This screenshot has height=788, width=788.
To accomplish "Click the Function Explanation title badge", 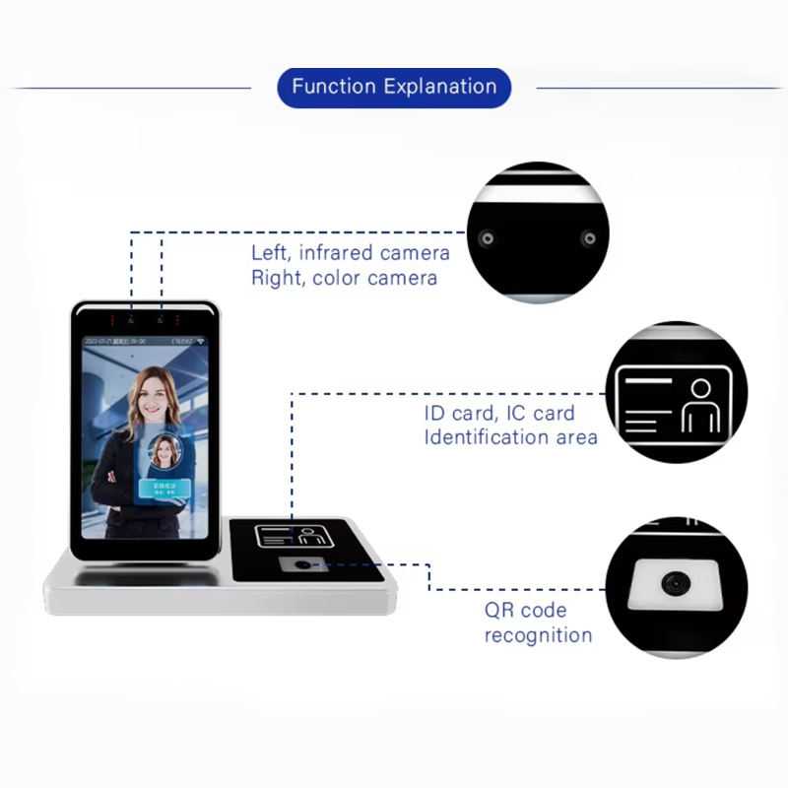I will coord(394,87).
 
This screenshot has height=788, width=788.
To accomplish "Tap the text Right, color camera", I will coord(344,278).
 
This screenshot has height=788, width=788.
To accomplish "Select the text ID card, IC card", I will coord(498,413).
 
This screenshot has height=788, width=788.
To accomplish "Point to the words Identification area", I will coord(510,436).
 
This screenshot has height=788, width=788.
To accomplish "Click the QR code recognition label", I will coord(538,623).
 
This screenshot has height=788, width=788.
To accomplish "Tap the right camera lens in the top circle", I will coord(588,238).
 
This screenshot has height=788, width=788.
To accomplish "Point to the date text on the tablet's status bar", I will coord(111,339).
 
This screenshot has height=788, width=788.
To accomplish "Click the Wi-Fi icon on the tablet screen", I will coord(202,339).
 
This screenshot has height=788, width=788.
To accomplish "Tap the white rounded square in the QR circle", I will coord(674,583).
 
